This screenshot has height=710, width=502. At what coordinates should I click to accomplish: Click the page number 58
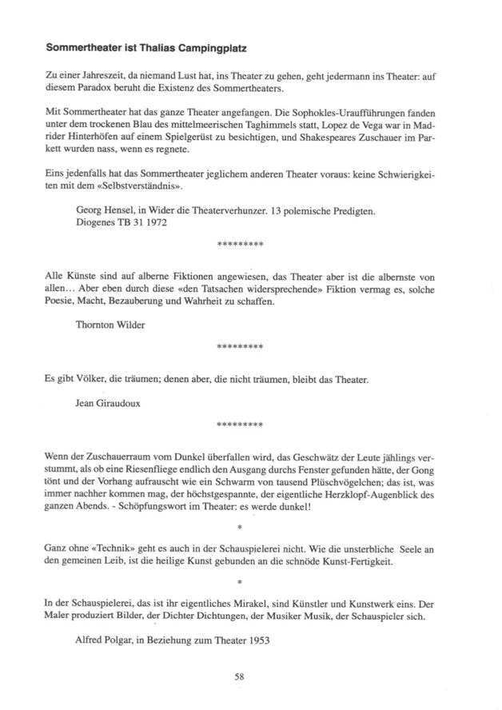coord(239,676)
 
